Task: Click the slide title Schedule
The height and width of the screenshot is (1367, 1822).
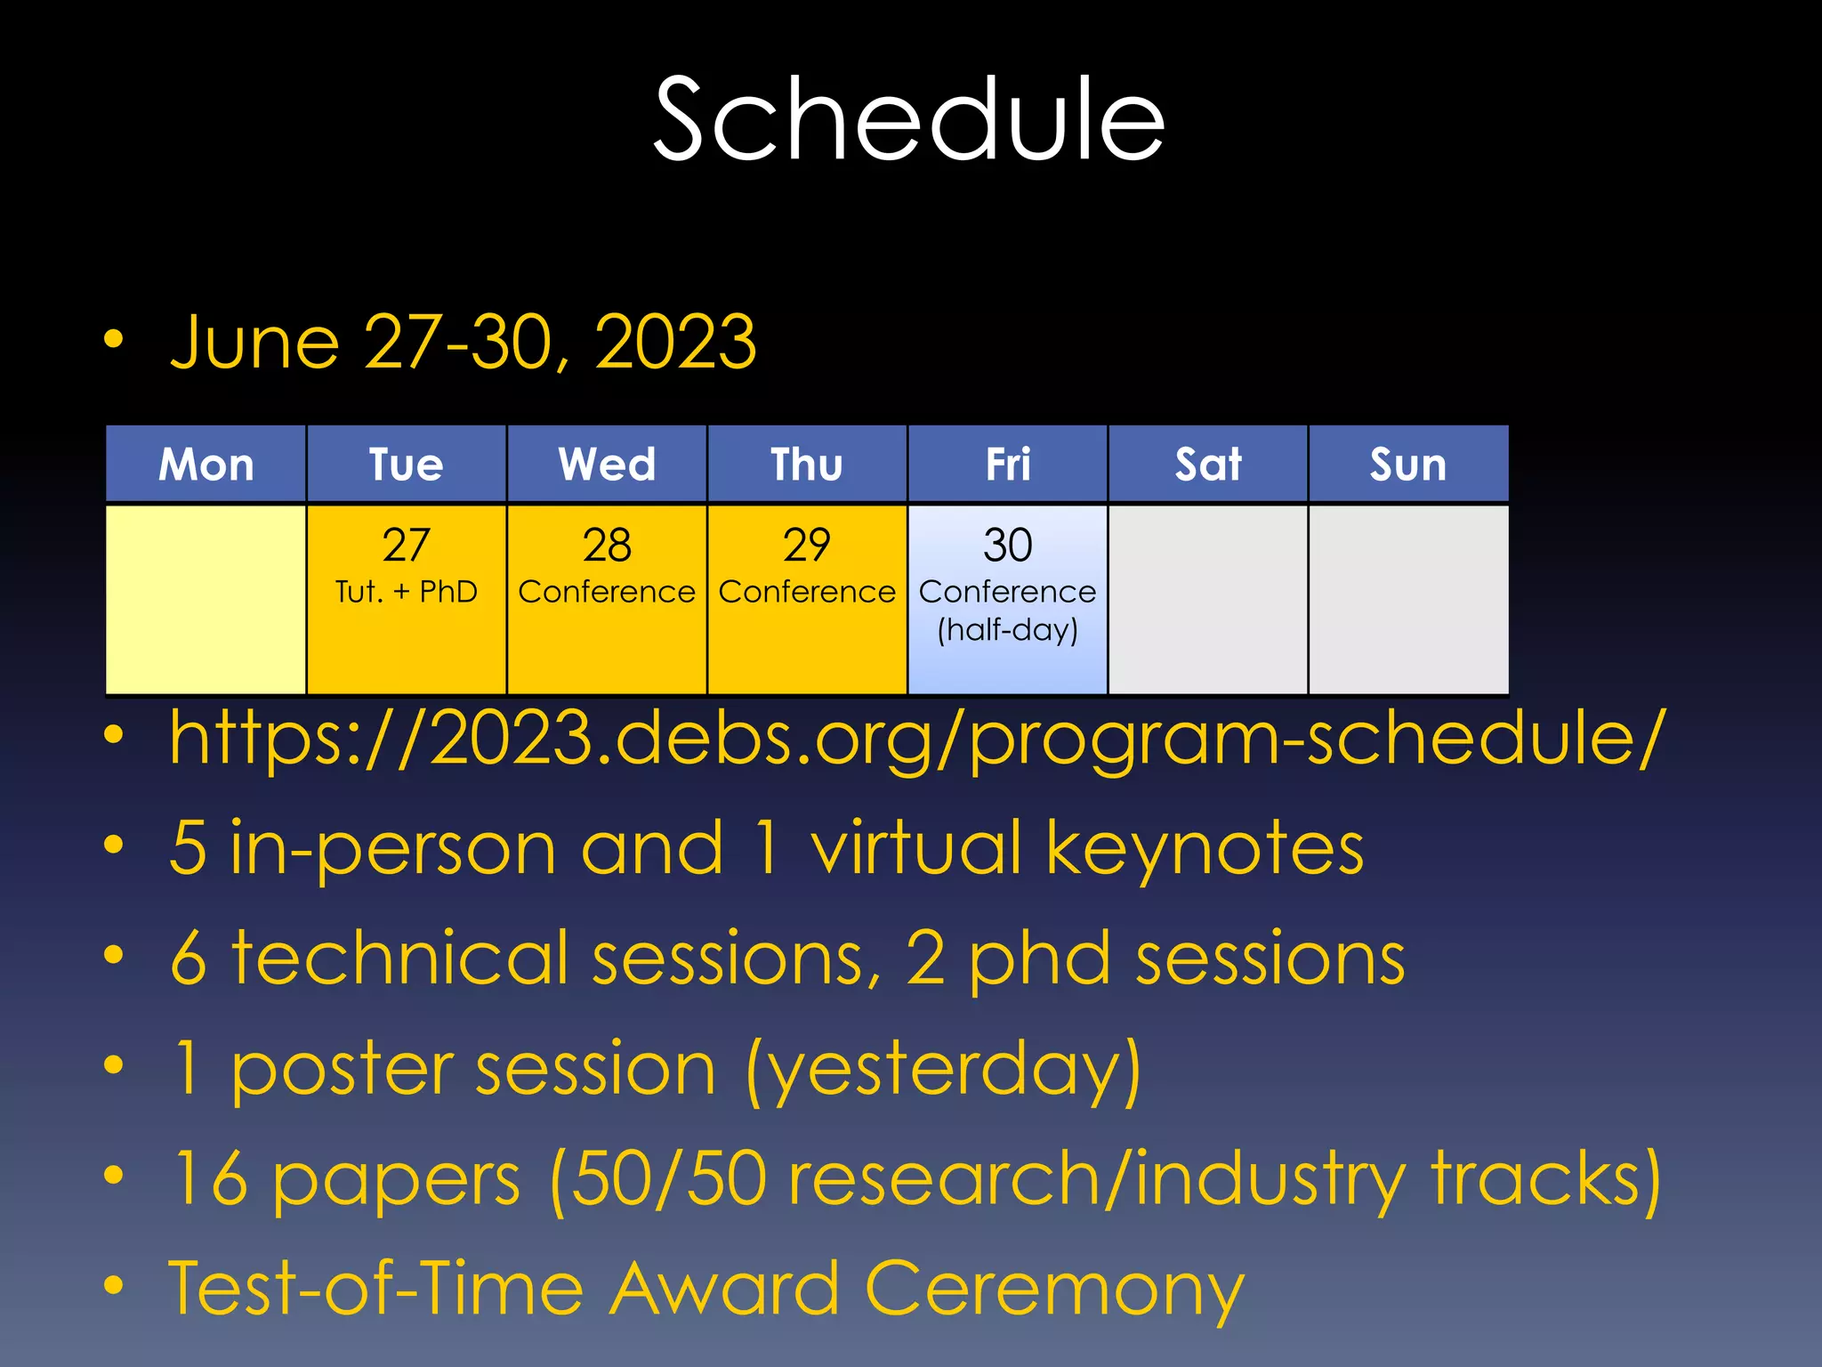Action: pyautogui.click(x=909, y=120)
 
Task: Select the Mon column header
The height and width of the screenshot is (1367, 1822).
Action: pyautogui.click(x=206, y=465)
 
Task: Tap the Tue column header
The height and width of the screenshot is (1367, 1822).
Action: pyautogui.click(x=406, y=465)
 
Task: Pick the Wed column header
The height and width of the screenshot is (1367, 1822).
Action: pyautogui.click(x=607, y=465)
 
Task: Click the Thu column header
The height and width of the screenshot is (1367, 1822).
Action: pyautogui.click(x=806, y=465)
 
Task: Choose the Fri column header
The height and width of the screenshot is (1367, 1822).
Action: pyautogui.click(x=1007, y=465)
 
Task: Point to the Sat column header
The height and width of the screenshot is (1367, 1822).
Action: pyautogui.click(x=1207, y=465)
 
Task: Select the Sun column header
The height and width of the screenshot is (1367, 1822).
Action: pyautogui.click(x=1407, y=465)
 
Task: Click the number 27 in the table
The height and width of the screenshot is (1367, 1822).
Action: pyautogui.click(x=406, y=545)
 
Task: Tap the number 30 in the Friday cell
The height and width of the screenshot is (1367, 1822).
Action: pyautogui.click(x=1007, y=545)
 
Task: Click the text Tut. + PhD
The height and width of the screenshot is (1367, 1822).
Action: pyautogui.click(x=406, y=592)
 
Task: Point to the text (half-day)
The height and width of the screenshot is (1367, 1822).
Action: pyautogui.click(x=1007, y=630)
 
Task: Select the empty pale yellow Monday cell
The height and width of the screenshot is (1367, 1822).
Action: pyautogui.click(x=206, y=599)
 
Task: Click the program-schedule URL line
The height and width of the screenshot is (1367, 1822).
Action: pyautogui.click(x=916, y=739)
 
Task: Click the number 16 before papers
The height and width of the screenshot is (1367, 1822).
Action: pyautogui.click(x=210, y=1178)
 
